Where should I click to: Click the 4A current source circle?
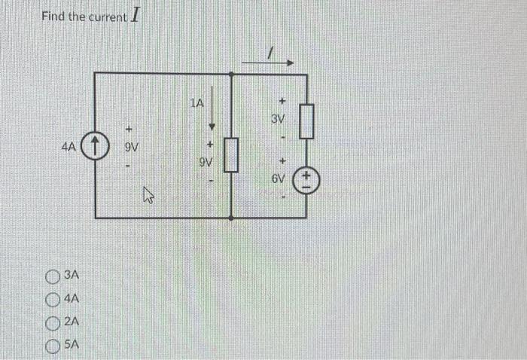pyautogui.click(x=96, y=144)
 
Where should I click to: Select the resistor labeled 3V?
pyautogui.click(x=306, y=122)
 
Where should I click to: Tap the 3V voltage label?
pyautogui.click(x=279, y=119)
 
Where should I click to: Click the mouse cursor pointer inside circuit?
pyautogui.click(x=148, y=198)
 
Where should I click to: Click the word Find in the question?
pyautogui.click(x=54, y=17)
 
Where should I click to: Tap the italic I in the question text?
pyautogui.click(x=135, y=14)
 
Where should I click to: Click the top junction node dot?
pyautogui.click(x=231, y=73)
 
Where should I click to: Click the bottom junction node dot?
pyautogui.click(x=231, y=218)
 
